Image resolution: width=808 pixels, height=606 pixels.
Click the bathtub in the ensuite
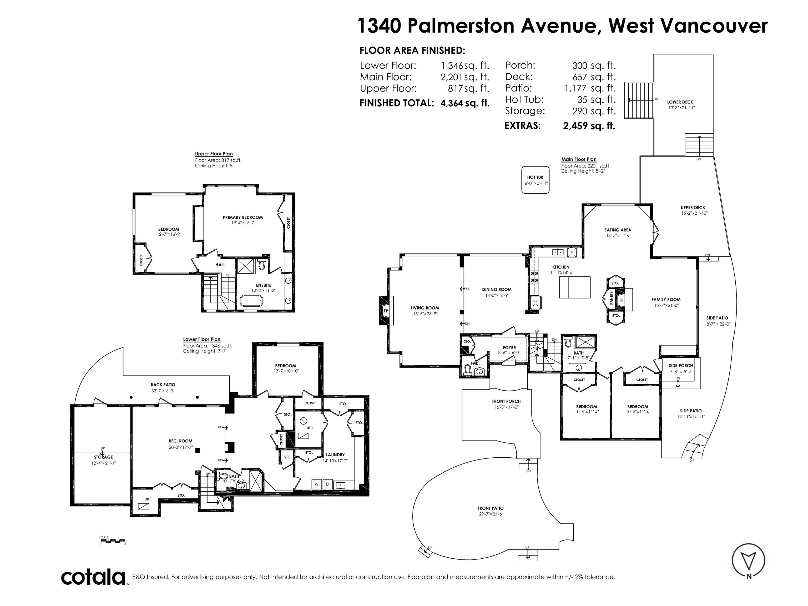pyautogui.click(x=251, y=301)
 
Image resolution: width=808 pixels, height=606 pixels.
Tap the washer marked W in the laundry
pyautogui.click(x=317, y=484)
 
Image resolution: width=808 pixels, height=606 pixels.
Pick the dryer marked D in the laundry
pyautogui.click(x=328, y=484)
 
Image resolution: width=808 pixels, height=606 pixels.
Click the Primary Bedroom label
pyautogui.click(x=243, y=217)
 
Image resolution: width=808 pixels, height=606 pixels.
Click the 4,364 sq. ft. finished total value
pyautogui.click(x=465, y=103)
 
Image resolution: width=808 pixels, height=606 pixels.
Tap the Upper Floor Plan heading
pyautogui.click(x=214, y=154)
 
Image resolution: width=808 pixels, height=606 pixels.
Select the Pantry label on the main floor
pyautogui.click(x=611, y=298)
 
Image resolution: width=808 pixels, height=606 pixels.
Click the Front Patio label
pyautogui.click(x=491, y=508)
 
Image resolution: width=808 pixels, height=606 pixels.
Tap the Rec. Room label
pyautogui.click(x=180, y=441)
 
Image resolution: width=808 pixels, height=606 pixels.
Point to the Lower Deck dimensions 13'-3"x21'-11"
pyautogui.click(x=681, y=108)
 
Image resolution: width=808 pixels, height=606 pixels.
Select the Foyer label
pyautogui.click(x=509, y=348)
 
